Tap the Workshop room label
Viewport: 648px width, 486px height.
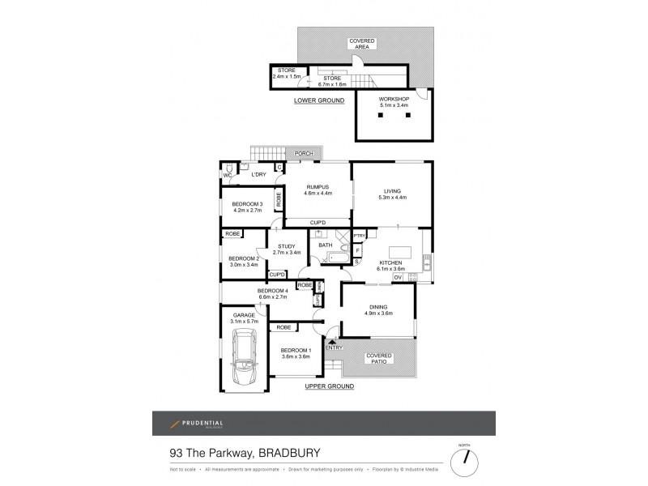[x=394, y=100]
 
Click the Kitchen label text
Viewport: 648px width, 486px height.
[x=393, y=263]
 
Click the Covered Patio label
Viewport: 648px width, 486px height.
[x=379, y=357]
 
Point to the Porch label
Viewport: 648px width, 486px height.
[x=304, y=153]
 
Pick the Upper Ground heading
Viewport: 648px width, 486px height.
[x=330, y=387]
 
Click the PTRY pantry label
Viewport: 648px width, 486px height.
[x=360, y=236]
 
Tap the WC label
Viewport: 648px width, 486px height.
[x=228, y=175]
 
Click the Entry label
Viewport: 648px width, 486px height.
[x=334, y=347]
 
